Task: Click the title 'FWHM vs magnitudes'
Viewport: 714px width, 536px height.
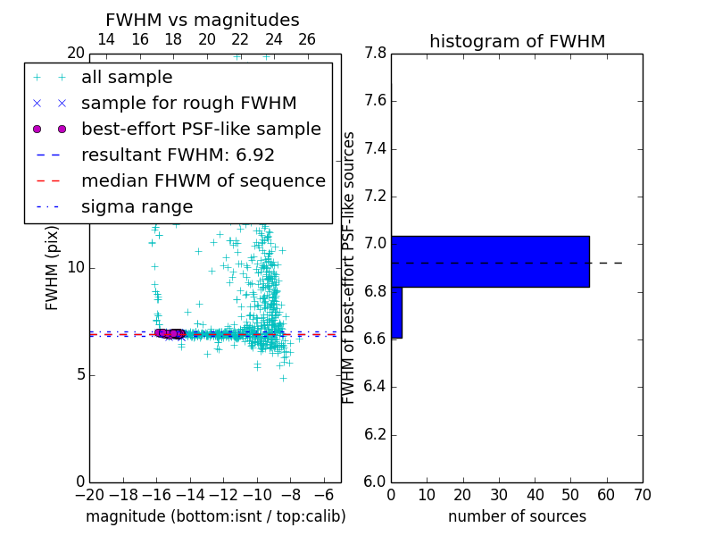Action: pyautogui.click(x=202, y=20)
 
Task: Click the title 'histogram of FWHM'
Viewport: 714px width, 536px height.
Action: pyautogui.click(x=517, y=41)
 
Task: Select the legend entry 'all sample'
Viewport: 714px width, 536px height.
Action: pyautogui.click(x=127, y=78)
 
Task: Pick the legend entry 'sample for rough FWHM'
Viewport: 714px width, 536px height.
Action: pyautogui.click(x=188, y=103)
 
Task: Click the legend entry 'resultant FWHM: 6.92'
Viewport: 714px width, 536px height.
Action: pyautogui.click(x=178, y=155)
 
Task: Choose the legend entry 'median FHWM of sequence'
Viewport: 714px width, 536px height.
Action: pyautogui.click(x=203, y=180)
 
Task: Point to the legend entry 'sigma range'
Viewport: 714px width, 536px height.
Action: pyautogui.click(x=137, y=206)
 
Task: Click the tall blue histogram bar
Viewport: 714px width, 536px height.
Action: pyautogui.click(x=490, y=261)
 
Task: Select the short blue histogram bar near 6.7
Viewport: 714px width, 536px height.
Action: pyautogui.click(x=396, y=312)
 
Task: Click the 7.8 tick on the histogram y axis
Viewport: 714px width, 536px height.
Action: pyautogui.click(x=375, y=54)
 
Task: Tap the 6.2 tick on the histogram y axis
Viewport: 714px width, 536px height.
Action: pyautogui.click(x=375, y=434)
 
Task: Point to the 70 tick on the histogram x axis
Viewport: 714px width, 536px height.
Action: pyautogui.click(x=643, y=495)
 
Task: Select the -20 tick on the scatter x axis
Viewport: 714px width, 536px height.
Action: pyautogui.click(x=89, y=495)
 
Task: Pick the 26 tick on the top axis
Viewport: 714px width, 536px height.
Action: pyautogui.click(x=307, y=39)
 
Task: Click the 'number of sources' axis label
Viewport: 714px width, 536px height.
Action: pyautogui.click(x=517, y=516)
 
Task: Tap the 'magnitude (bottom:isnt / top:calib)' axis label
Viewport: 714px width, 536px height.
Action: pyautogui.click(x=215, y=516)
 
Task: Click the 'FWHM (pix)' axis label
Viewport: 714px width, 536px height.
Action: pyautogui.click(x=53, y=268)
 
